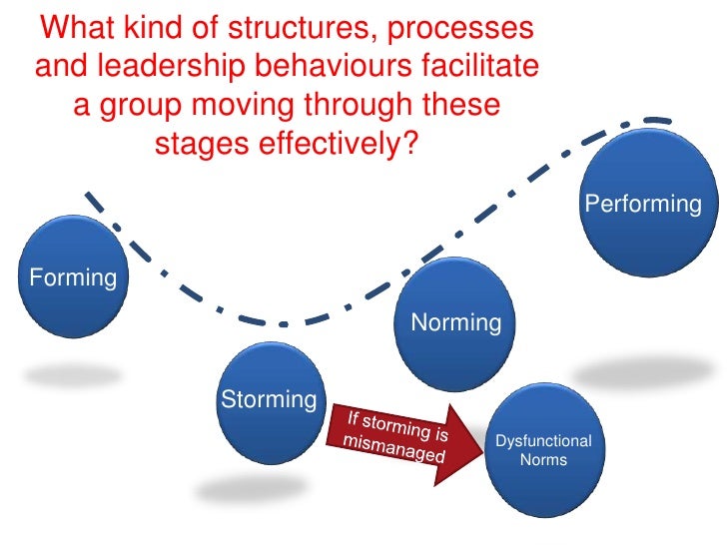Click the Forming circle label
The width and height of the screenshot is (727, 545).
[74, 276]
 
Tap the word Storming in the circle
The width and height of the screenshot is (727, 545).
[268, 399]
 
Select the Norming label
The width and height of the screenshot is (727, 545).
[455, 322]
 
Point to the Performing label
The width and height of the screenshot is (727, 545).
[643, 204]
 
